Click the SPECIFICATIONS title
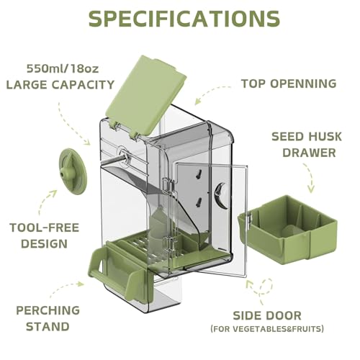click(x=179, y=19)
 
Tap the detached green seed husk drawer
click(x=292, y=228)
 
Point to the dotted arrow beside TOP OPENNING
click(x=211, y=91)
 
